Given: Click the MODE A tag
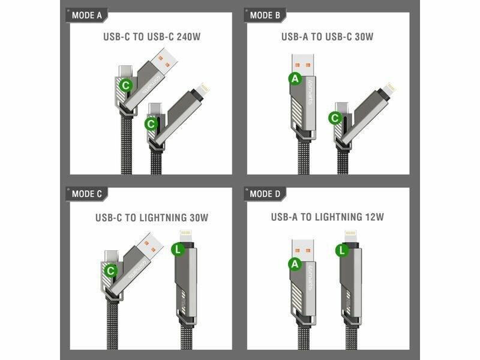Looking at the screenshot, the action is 86,16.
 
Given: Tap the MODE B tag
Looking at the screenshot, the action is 265,16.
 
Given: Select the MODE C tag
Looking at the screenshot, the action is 86,194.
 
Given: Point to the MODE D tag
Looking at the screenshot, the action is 265,194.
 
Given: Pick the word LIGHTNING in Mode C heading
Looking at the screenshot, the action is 163,218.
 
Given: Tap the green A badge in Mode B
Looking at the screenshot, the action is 295,79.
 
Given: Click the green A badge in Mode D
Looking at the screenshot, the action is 295,264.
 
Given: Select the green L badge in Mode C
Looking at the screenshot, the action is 178,250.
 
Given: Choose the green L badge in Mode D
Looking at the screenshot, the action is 342,251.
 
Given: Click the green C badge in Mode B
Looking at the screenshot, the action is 335,118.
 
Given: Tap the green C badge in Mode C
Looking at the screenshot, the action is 110,271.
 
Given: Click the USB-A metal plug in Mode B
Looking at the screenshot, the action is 303,65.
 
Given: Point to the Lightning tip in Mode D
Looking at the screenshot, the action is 351,236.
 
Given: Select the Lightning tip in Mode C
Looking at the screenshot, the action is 186,236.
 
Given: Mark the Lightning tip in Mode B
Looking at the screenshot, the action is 388,89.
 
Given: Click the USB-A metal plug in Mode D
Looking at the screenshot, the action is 303,250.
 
